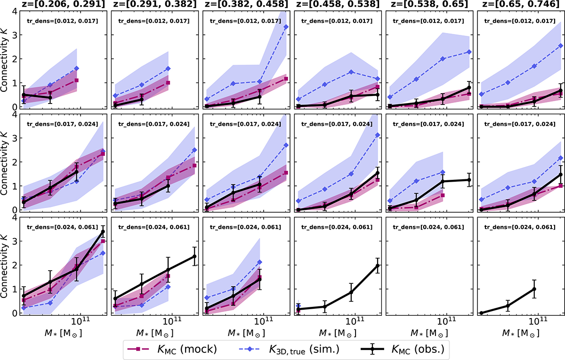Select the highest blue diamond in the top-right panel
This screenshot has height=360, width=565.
(560, 46)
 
